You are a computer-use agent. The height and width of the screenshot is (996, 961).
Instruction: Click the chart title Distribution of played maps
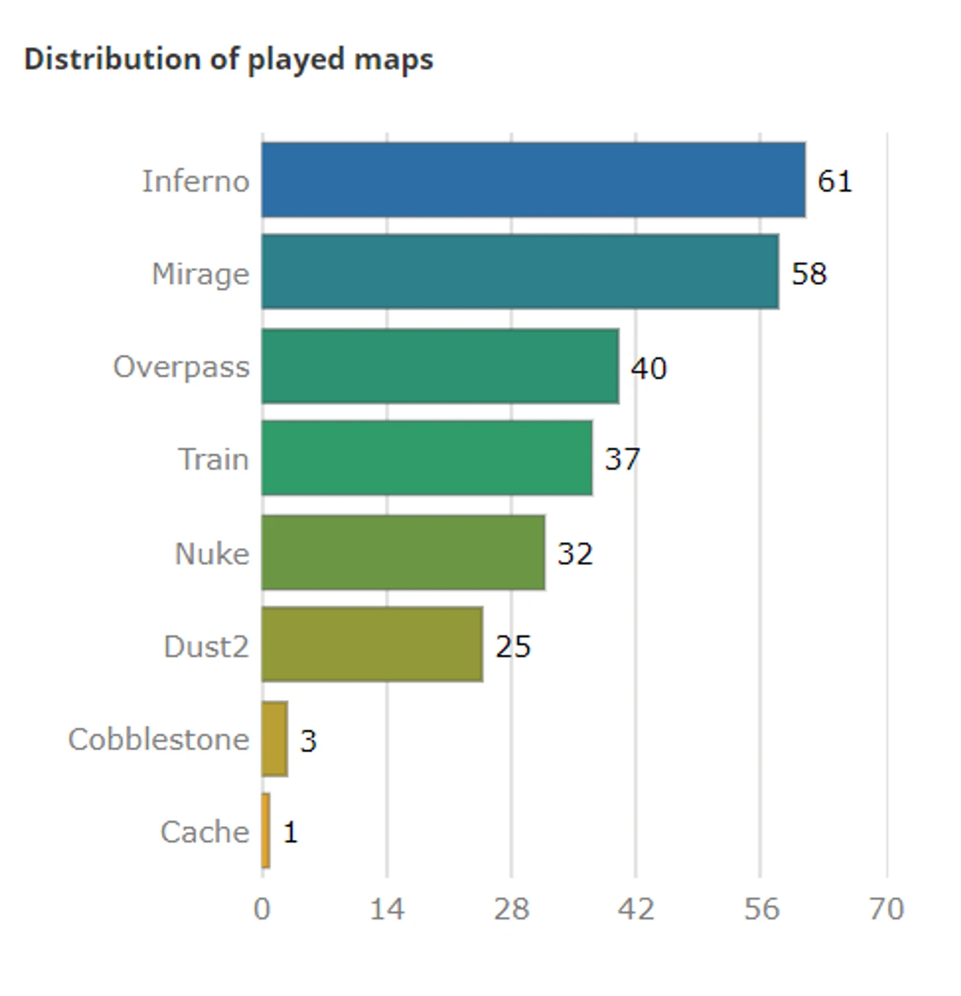228,59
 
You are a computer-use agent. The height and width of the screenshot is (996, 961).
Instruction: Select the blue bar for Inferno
533,180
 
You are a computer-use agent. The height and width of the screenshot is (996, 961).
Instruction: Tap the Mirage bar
520,272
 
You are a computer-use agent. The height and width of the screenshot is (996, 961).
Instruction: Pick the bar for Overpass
440,366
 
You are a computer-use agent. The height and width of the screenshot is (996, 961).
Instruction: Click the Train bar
427,458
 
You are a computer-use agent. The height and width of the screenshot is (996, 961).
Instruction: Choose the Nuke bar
403,553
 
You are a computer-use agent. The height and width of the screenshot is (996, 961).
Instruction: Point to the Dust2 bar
372,645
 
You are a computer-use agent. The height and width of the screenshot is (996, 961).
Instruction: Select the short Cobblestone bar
274,739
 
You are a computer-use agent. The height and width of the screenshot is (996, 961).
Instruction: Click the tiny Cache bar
265,831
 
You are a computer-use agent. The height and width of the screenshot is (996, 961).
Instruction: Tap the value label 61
835,181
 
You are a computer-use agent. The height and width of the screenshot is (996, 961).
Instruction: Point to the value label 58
809,273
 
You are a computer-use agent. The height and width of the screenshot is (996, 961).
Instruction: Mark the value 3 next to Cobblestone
308,741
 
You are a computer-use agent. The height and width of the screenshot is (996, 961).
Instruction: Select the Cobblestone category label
159,739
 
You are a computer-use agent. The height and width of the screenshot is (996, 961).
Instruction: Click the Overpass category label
181,367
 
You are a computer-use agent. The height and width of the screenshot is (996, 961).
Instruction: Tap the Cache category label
205,832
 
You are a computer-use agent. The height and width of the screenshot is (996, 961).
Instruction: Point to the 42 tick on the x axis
636,909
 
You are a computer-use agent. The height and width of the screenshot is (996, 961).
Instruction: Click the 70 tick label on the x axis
886,909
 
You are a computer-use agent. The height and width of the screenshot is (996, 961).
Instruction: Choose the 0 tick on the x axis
262,909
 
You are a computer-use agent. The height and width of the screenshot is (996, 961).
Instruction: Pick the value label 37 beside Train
622,459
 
